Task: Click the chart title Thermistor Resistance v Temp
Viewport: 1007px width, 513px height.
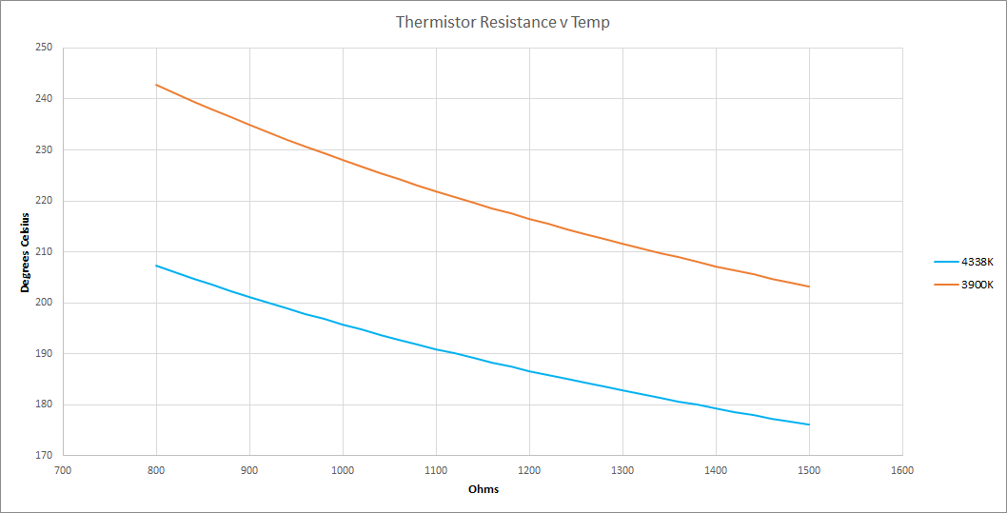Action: (503, 22)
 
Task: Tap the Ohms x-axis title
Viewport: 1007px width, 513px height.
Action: (484, 490)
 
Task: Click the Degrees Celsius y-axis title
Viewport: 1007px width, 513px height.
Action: (26, 251)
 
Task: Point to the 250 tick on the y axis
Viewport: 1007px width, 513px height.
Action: (43, 48)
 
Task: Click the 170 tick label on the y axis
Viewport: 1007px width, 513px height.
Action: (43, 455)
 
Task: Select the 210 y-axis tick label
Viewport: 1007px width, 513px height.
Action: (43, 251)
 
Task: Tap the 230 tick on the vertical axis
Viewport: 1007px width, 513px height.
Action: (43, 149)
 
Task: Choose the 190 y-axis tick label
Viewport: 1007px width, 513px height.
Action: (43, 353)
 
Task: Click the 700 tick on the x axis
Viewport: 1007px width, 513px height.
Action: (63, 470)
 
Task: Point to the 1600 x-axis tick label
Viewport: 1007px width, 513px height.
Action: (902, 470)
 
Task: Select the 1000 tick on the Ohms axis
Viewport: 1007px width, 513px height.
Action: (343, 470)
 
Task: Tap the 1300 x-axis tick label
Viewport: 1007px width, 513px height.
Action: (622, 470)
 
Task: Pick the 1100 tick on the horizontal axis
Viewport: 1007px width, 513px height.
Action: (436, 470)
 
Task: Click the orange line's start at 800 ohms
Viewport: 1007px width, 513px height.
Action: (156, 85)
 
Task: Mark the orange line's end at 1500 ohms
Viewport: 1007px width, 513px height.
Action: (809, 286)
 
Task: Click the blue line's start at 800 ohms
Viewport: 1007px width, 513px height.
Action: (156, 266)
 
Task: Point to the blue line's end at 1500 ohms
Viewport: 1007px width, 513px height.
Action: (809, 424)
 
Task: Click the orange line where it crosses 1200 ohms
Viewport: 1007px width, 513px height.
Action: (529, 219)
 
